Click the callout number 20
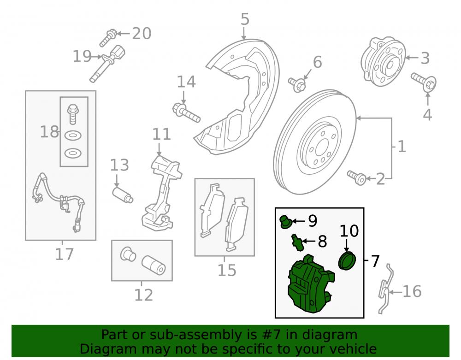[142, 33]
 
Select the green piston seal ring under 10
[347, 260]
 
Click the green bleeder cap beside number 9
[285, 222]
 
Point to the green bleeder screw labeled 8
[297, 243]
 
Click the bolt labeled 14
[186, 112]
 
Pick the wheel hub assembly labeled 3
[383, 61]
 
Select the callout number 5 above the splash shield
[245, 19]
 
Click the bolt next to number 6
[297, 84]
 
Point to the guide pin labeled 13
[123, 195]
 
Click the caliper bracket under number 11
[161, 194]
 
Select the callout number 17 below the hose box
[65, 254]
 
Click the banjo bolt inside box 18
[73, 114]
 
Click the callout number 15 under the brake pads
[227, 271]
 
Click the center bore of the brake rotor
[322, 147]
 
